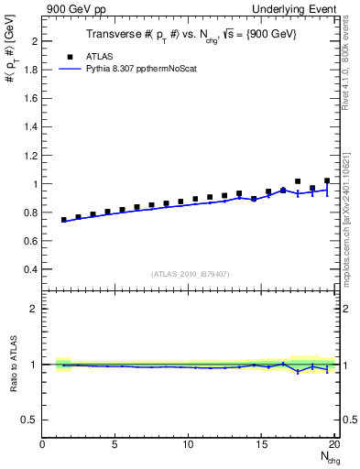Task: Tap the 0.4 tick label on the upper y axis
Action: tap(30, 269)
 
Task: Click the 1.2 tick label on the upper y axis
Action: tap(30, 156)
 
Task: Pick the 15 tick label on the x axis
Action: tap(262, 445)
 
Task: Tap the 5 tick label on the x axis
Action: tap(115, 445)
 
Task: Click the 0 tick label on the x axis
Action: tap(43, 445)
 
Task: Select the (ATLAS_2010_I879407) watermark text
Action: tap(190, 273)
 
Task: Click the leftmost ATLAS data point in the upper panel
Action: tap(64, 220)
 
